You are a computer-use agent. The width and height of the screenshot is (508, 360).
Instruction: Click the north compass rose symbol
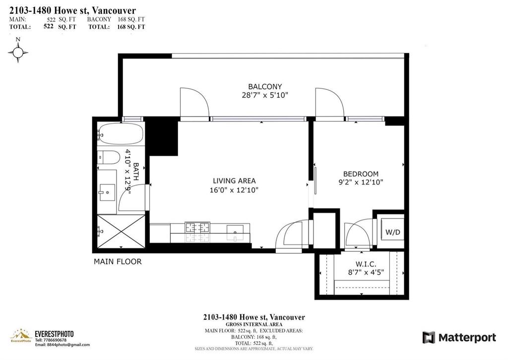[18, 51]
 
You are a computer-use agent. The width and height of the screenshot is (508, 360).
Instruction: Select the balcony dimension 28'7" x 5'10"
[262, 95]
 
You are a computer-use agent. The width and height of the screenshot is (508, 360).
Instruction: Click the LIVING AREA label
[234, 181]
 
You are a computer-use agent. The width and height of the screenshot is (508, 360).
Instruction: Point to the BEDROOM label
[361, 174]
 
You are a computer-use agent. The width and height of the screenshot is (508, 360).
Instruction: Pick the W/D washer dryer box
[392, 232]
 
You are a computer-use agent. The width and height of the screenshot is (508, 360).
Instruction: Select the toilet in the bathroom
[108, 157]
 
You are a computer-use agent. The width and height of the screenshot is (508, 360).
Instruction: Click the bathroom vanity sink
[107, 191]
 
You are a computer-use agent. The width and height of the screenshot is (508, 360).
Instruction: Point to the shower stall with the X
[121, 231]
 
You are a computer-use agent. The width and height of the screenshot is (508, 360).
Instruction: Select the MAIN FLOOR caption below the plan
[118, 262]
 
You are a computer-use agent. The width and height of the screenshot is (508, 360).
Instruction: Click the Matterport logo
[459, 338]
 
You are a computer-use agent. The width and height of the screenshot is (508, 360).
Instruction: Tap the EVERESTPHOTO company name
[54, 334]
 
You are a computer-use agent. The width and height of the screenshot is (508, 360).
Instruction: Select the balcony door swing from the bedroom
[329, 104]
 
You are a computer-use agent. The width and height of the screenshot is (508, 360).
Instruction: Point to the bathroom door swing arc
[133, 199]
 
